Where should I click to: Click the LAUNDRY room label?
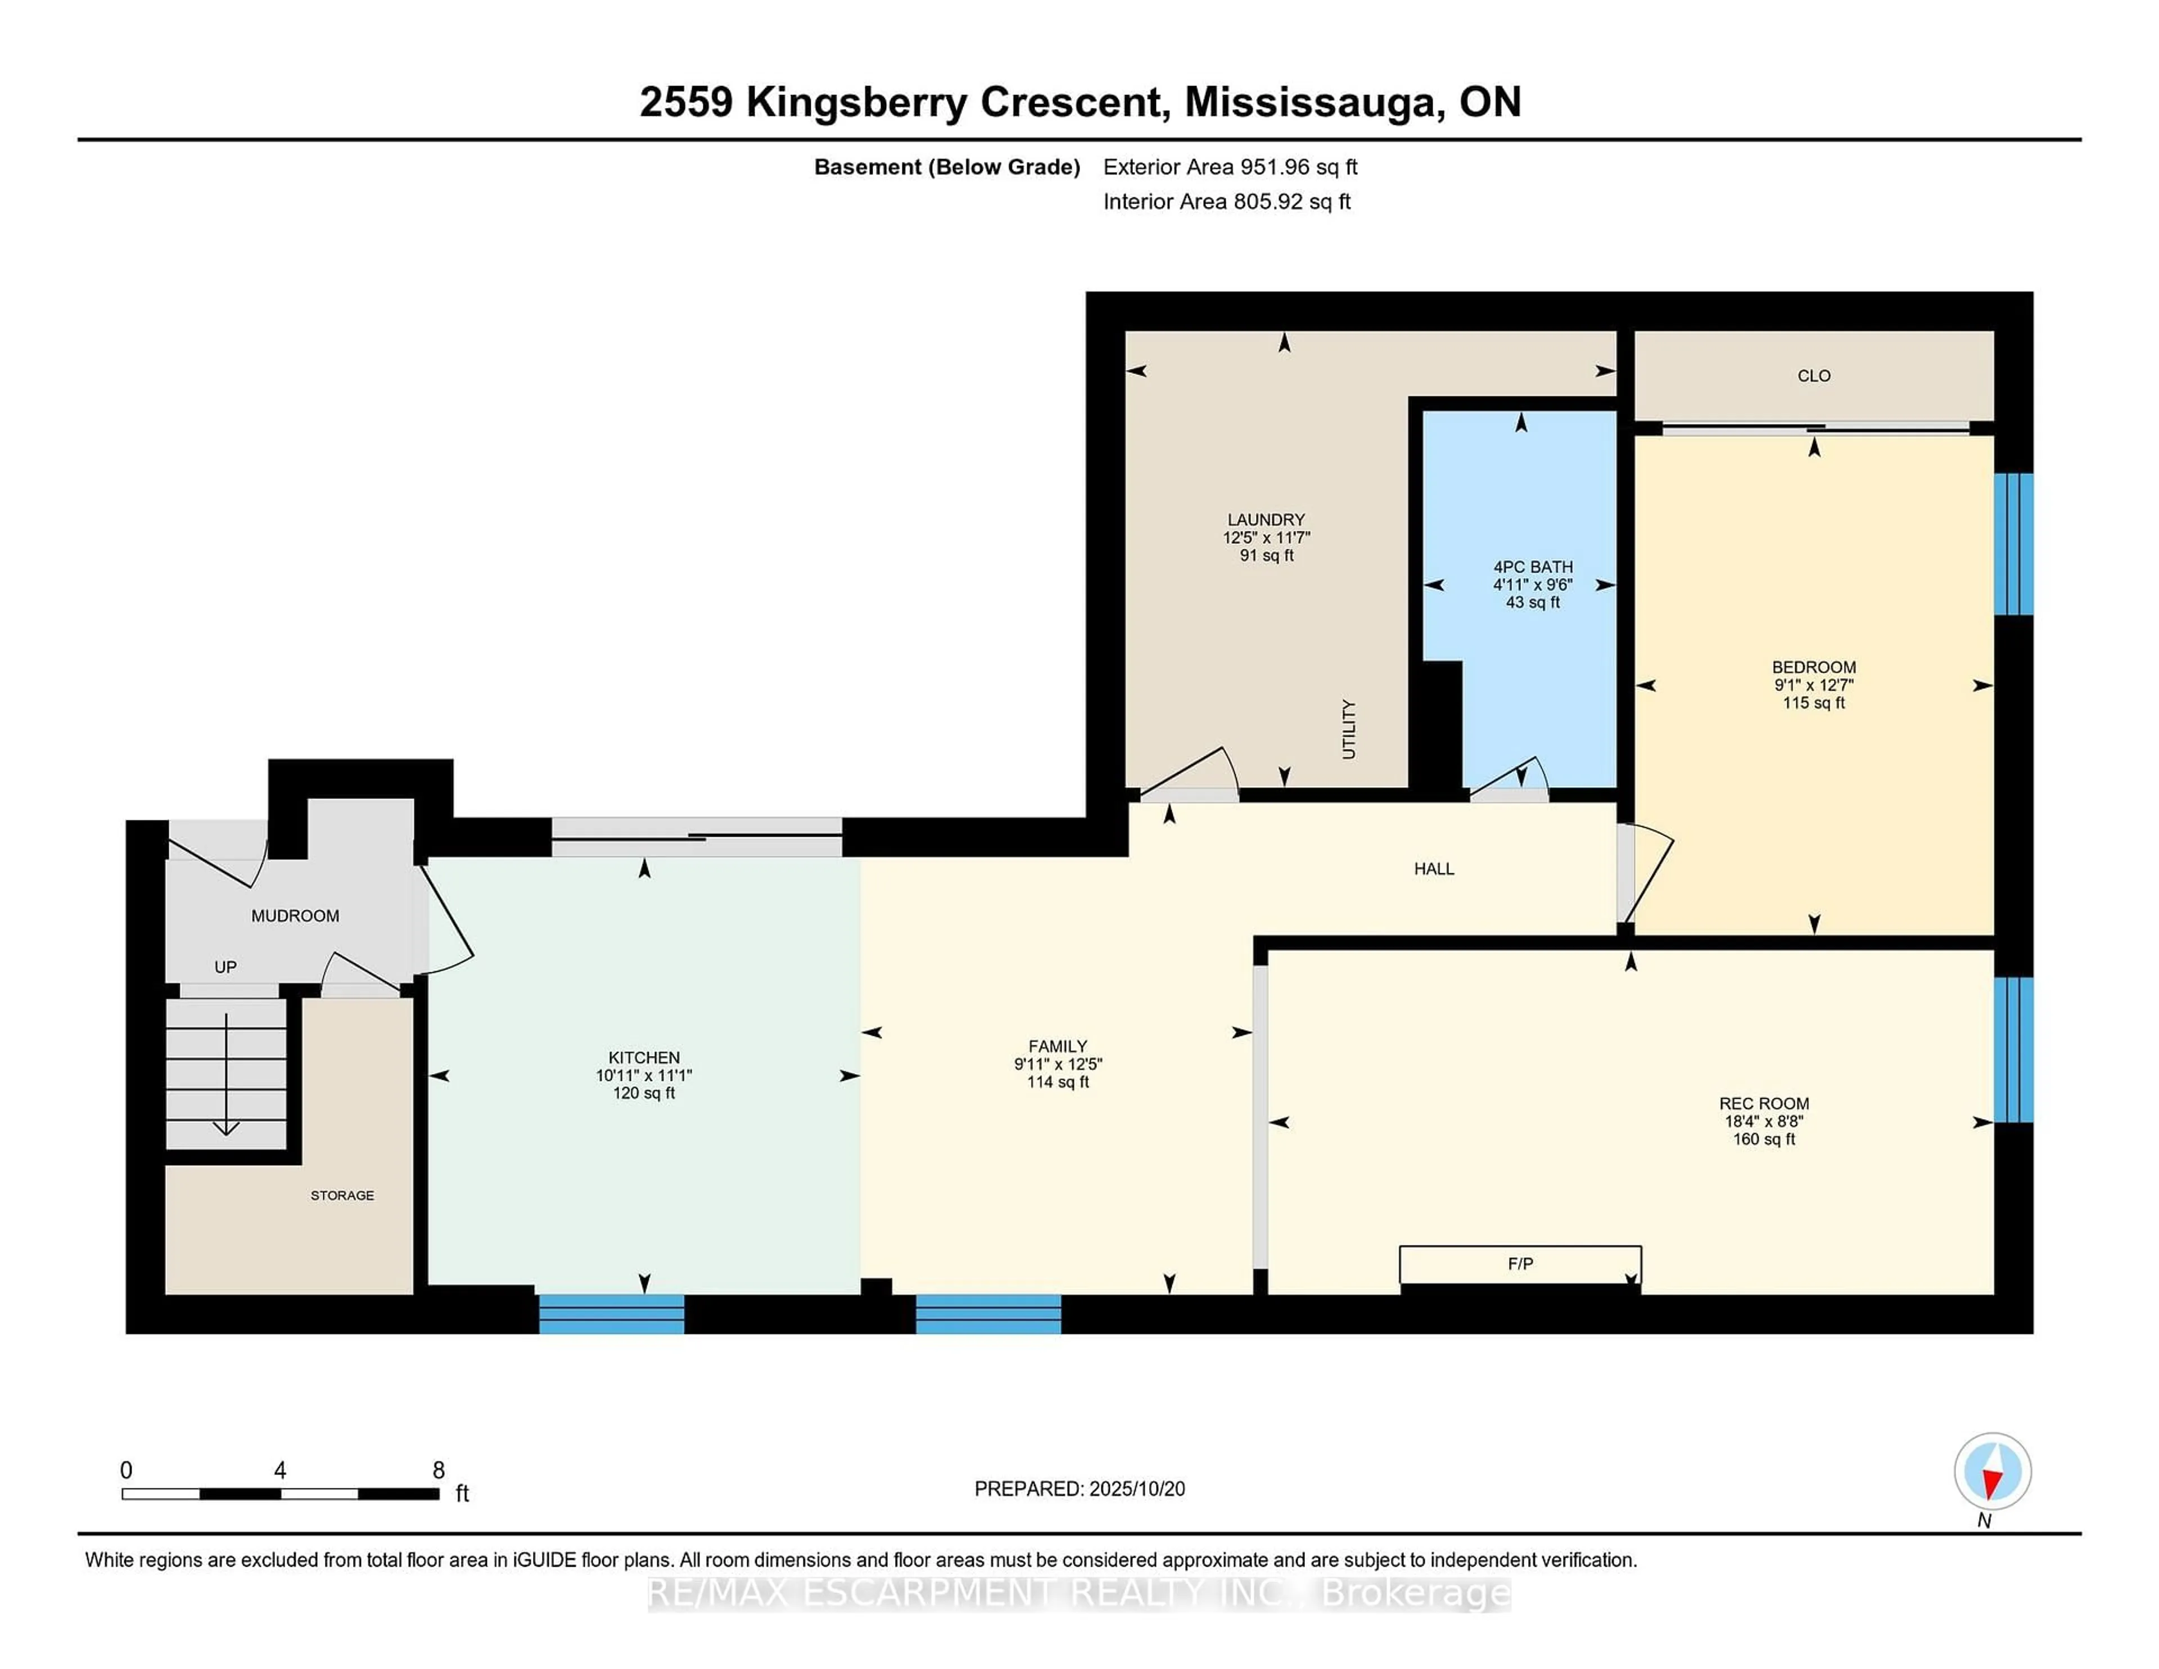click(x=1266, y=519)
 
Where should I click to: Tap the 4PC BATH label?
click(x=1532, y=567)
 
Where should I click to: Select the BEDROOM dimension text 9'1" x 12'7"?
click(x=1813, y=684)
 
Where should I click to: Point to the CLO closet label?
click(x=1813, y=376)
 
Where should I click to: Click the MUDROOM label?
click(x=295, y=915)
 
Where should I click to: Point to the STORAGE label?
click(x=342, y=1196)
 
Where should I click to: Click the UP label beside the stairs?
click(x=225, y=967)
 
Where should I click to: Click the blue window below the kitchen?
click(x=611, y=1314)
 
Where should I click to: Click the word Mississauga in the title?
click(x=1310, y=102)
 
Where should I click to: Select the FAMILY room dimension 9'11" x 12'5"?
click(x=1057, y=1064)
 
